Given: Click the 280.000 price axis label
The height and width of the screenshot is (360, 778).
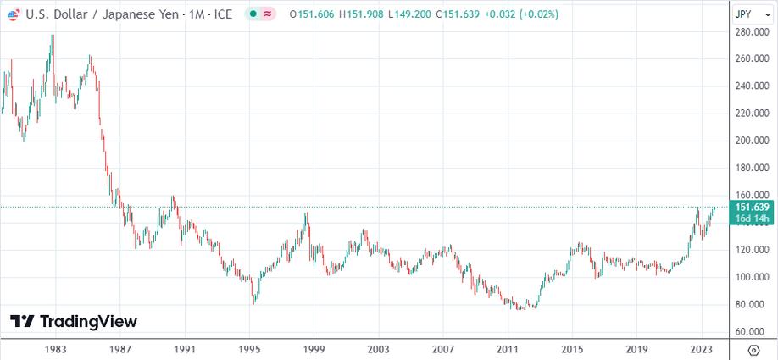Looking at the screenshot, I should tap(753, 32).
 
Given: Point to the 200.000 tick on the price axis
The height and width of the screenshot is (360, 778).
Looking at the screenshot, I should tap(753, 141).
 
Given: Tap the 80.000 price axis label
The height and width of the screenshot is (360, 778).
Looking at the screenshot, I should tap(751, 304).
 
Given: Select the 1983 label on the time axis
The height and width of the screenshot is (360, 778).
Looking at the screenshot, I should tap(56, 349).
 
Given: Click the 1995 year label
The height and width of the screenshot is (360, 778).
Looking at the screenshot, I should tap(249, 349).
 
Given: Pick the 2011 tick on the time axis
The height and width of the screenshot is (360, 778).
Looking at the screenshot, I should tap(508, 349).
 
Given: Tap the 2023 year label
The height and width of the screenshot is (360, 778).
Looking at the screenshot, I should tap(701, 349).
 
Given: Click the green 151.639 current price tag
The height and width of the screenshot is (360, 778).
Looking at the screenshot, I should tap(752, 208).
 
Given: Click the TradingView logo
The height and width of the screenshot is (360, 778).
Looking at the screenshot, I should tap(74, 321).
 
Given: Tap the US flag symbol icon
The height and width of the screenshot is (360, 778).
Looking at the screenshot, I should tap(13, 14).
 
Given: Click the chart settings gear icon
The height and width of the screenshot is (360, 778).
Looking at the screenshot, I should tap(753, 349).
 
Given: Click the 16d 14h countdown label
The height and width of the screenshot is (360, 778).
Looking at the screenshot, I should tap(753, 219).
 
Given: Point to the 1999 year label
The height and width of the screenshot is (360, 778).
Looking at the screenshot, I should tap(314, 349).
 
